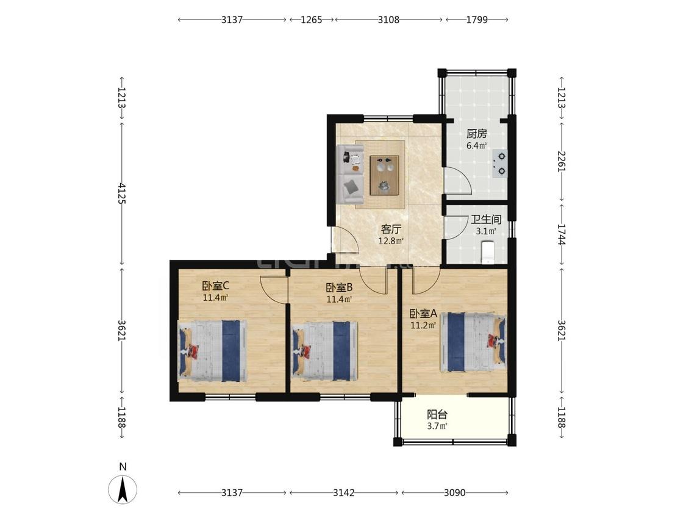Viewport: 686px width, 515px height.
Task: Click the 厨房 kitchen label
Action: pyautogui.click(x=476, y=134)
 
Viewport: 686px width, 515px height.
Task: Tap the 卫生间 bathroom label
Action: pyautogui.click(x=485, y=219)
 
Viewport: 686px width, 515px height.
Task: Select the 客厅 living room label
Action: pyautogui.click(x=391, y=229)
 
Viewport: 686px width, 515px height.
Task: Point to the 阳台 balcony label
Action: pyautogui.click(x=437, y=414)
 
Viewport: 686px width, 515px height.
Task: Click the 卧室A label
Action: pyautogui.click(x=424, y=314)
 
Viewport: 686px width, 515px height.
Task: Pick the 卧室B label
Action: pyautogui.click(x=340, y=288)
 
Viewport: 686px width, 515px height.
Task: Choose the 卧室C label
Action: pyautogui.click(x=216, y=286)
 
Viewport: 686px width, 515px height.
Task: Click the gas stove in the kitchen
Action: pyautogui.click(x=499, y=164)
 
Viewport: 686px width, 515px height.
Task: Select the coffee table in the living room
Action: pyautogui.click(x=385, y=175)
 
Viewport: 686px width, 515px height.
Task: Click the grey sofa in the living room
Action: pyautogui.click(x=351, y=174)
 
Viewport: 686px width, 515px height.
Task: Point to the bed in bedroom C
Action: pyautogui.click(x=213, y=350)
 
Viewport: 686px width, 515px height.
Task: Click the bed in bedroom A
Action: pyautogui.click(x=473, y=342)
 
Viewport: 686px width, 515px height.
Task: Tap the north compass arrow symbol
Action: pyautogui.click(x=123, y=489)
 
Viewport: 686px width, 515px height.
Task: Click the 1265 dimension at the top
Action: pyautogui.click(x=312, y=20)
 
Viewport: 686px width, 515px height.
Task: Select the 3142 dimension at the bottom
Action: pyautogui.click(x=343, y=492)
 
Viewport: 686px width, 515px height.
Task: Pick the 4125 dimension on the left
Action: pyautogui.click(x=122, y=193)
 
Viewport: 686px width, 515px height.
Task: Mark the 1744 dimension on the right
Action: pyautogui.click(x=562, y=235)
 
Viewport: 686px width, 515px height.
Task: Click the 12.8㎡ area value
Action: pyautogui.click(x=391, y=241)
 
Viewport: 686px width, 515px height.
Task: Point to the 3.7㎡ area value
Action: pyautogui.click(x=437, y=426)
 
